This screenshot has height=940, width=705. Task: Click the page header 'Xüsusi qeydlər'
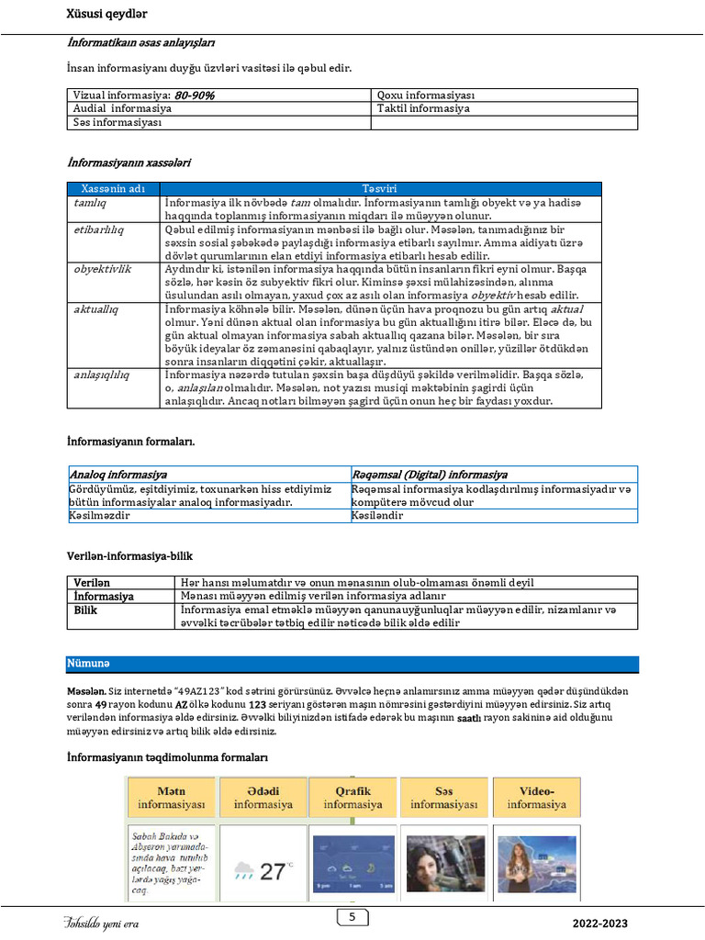(x=106, y=14)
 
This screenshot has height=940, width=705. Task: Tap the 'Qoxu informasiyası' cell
(x=426, y=95)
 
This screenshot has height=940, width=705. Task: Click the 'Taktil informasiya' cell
(x=423, y=108)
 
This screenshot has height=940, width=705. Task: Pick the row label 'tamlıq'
(x=90, y=202)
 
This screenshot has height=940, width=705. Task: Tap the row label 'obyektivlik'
(x=103, y=269)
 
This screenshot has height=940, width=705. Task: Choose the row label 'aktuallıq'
(x=97, y=309)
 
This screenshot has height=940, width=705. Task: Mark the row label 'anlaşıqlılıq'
(x=102, y=375)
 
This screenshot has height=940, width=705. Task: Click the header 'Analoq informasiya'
(x=118, y=475)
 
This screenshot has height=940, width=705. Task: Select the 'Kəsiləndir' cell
(x=377, y=516)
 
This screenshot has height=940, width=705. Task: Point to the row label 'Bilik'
(x=85, y=610)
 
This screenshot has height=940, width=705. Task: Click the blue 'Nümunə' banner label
(x=88, y=663)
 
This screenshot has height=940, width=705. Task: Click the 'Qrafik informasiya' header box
(x=352, y=797)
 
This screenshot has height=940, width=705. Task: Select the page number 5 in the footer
(x=352, y=917)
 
